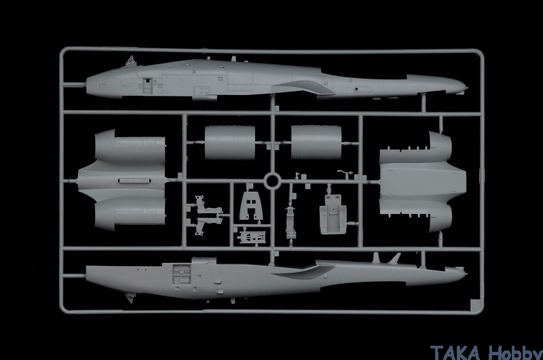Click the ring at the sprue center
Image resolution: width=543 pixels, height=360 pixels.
tap(271, 181)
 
